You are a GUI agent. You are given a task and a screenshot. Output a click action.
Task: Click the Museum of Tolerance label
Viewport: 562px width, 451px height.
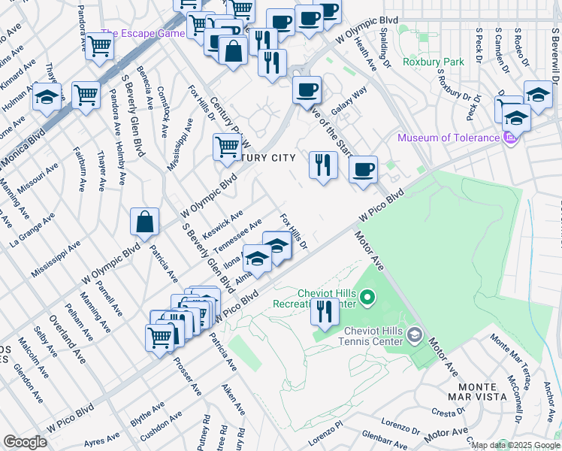448,138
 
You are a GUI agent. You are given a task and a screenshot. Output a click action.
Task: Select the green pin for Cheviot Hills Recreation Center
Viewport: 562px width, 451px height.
367,300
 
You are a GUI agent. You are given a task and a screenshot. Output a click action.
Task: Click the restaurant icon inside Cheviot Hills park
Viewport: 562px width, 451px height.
325,311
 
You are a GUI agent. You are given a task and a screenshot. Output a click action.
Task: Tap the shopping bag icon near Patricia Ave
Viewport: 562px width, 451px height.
144,222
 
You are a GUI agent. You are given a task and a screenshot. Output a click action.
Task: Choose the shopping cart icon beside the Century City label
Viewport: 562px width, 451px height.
227,147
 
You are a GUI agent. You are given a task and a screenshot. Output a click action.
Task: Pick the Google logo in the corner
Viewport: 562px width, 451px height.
25,442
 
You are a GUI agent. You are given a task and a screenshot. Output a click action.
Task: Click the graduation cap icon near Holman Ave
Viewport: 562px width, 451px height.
47,98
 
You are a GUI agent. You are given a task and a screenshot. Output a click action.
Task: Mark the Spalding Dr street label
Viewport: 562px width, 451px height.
384,45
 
